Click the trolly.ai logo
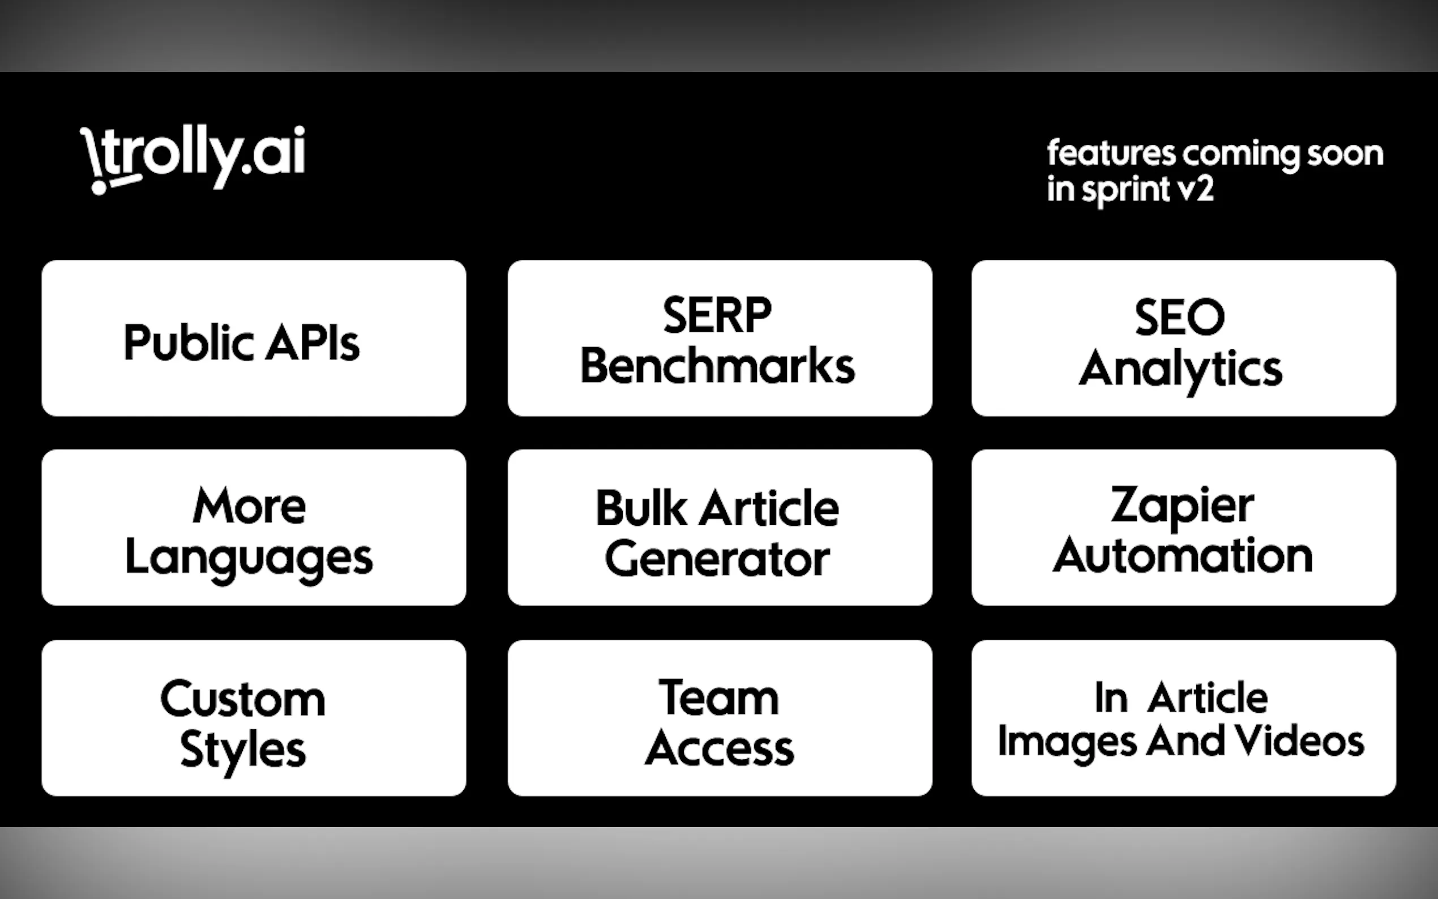(193, 158)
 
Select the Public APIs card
(254, 339)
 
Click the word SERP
(717, 315)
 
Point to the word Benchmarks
(717, 366)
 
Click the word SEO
(1179, 318)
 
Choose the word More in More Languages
(249, 506)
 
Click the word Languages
(249, 558)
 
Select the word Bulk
(640, 508)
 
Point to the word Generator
(717, 559)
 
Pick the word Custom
(242, 699)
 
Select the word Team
(718, 697)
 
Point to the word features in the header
(1110, 153)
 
